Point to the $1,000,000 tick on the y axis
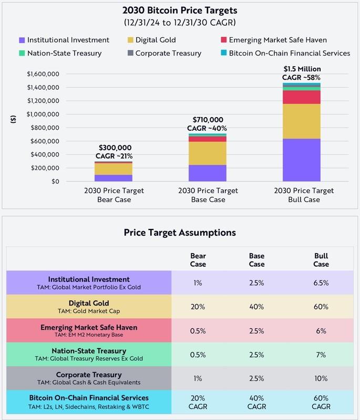coord(44,114)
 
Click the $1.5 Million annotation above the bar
coord(302,69)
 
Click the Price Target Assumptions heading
coord(180,232)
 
